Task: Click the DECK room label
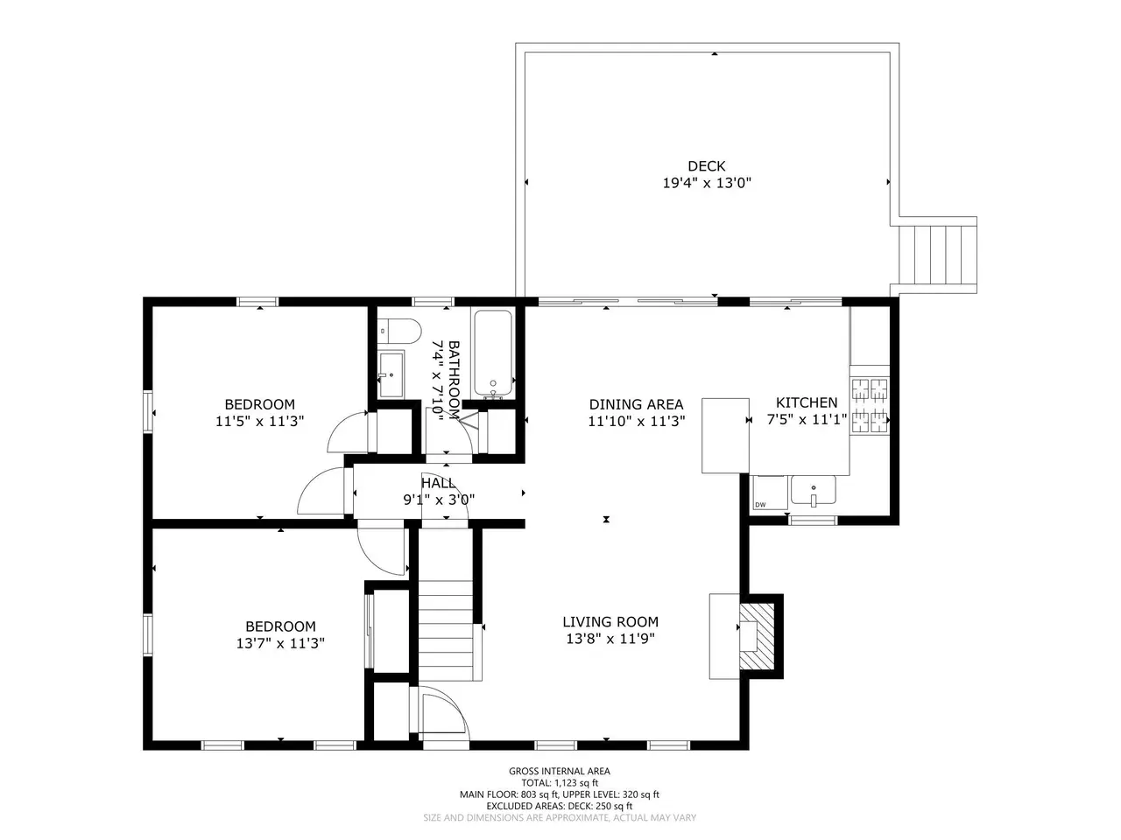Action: click(706, 165)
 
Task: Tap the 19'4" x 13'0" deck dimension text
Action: click(706, 183)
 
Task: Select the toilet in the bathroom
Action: click(398, 331)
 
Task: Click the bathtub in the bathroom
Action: click(493, 353)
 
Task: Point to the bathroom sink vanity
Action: click(391, 374)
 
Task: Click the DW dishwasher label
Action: click(760, 505)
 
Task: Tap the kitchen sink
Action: click(813, 490)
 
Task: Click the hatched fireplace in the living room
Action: click(757, 636)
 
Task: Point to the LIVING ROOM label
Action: click(610, 622)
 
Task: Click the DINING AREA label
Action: click(636, 404)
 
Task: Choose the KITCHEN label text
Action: click(807, 402)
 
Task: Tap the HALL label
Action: click(437, 482)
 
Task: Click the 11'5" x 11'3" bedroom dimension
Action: click(259, 421)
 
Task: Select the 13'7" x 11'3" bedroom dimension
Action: click(280, 643)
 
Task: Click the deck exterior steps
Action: click(938, 255)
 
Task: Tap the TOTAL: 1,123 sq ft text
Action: click(560, 783)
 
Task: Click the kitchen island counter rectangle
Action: click(725, 436)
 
